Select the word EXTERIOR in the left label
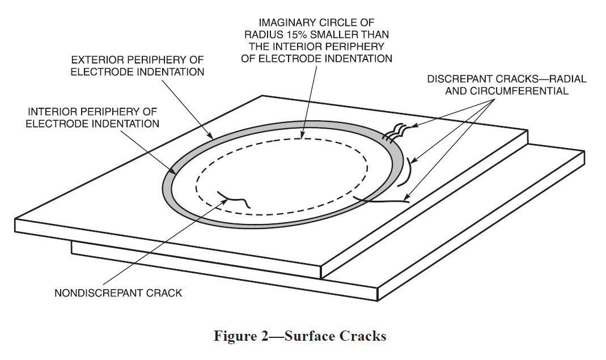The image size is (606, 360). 94,60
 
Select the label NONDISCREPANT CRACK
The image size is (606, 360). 118,293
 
